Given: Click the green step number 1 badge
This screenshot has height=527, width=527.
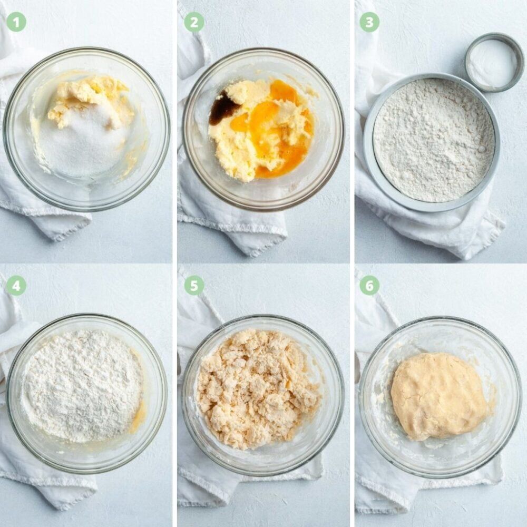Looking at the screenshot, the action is [x=16, y=22].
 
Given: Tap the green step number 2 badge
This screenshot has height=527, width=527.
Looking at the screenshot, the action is [x=194, y=22].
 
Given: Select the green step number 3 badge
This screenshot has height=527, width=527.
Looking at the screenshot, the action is [x=369, y=22].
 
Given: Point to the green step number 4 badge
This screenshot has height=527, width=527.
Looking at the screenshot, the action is [x=16, y=286].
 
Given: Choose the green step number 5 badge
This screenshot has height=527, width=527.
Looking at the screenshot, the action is [x=194, y=286].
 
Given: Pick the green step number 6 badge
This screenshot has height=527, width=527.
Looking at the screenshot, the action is [x=369, y=286].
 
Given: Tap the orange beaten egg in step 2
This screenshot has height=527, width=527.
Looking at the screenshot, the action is [x=272, y=131].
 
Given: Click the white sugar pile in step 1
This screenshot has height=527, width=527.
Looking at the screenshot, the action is [x=84, y=141].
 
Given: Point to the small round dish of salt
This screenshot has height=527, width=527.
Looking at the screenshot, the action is [x=494, y=63].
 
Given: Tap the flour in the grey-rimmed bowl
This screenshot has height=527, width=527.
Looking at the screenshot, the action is [x=434, y=140].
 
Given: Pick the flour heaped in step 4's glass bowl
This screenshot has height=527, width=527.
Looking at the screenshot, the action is [x=82, y=385].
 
